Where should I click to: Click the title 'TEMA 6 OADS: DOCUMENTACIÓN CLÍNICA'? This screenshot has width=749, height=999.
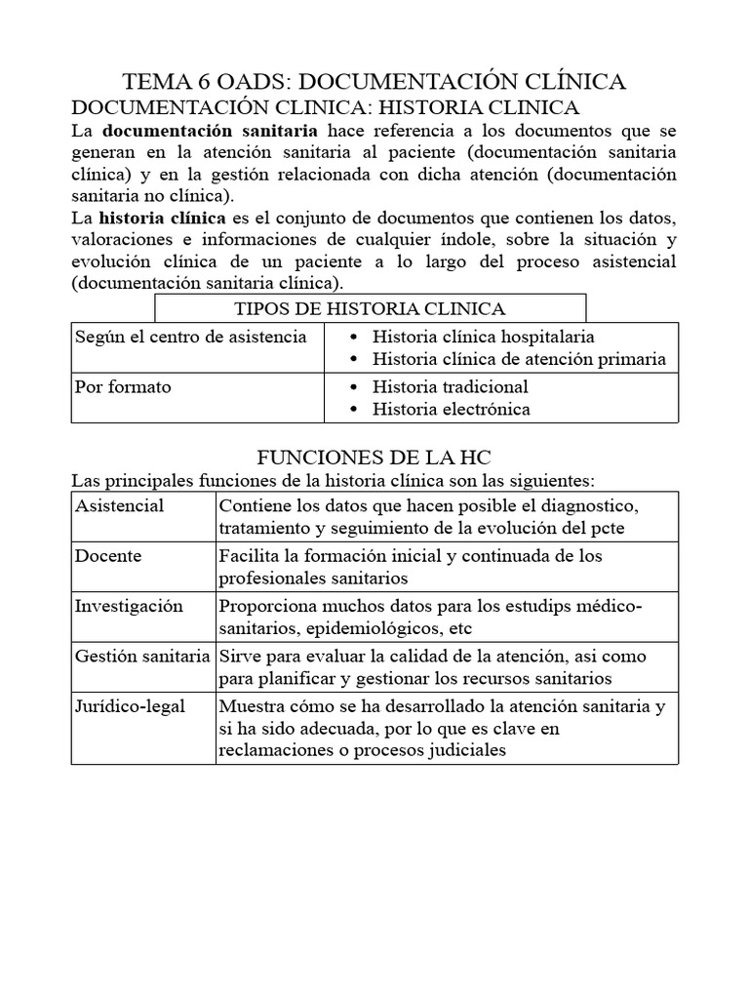point(374,82)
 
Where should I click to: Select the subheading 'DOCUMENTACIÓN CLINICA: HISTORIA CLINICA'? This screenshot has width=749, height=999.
point(327,106)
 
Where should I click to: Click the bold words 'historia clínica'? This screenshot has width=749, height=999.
point(162,217)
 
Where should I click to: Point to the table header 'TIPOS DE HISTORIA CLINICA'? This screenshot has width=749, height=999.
point(370,309)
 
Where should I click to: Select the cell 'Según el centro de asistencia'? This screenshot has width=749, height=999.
point(190,337)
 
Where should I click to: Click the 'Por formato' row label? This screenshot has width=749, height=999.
point(123,387)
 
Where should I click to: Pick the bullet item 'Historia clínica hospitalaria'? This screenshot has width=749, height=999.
point(484,337)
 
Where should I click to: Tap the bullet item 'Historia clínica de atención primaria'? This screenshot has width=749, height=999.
point(519,359)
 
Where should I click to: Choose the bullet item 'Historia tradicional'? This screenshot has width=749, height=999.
point(451,387)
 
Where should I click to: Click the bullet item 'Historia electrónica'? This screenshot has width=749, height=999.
point(452,410)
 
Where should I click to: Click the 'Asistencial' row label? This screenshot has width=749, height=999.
point(119,506)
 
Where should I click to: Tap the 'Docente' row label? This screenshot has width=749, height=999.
point(108,556)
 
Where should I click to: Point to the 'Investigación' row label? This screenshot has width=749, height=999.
point(129,607)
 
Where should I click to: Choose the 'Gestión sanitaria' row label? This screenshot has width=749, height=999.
point(142,657)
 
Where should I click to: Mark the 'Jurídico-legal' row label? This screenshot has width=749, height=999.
point(130,706)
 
